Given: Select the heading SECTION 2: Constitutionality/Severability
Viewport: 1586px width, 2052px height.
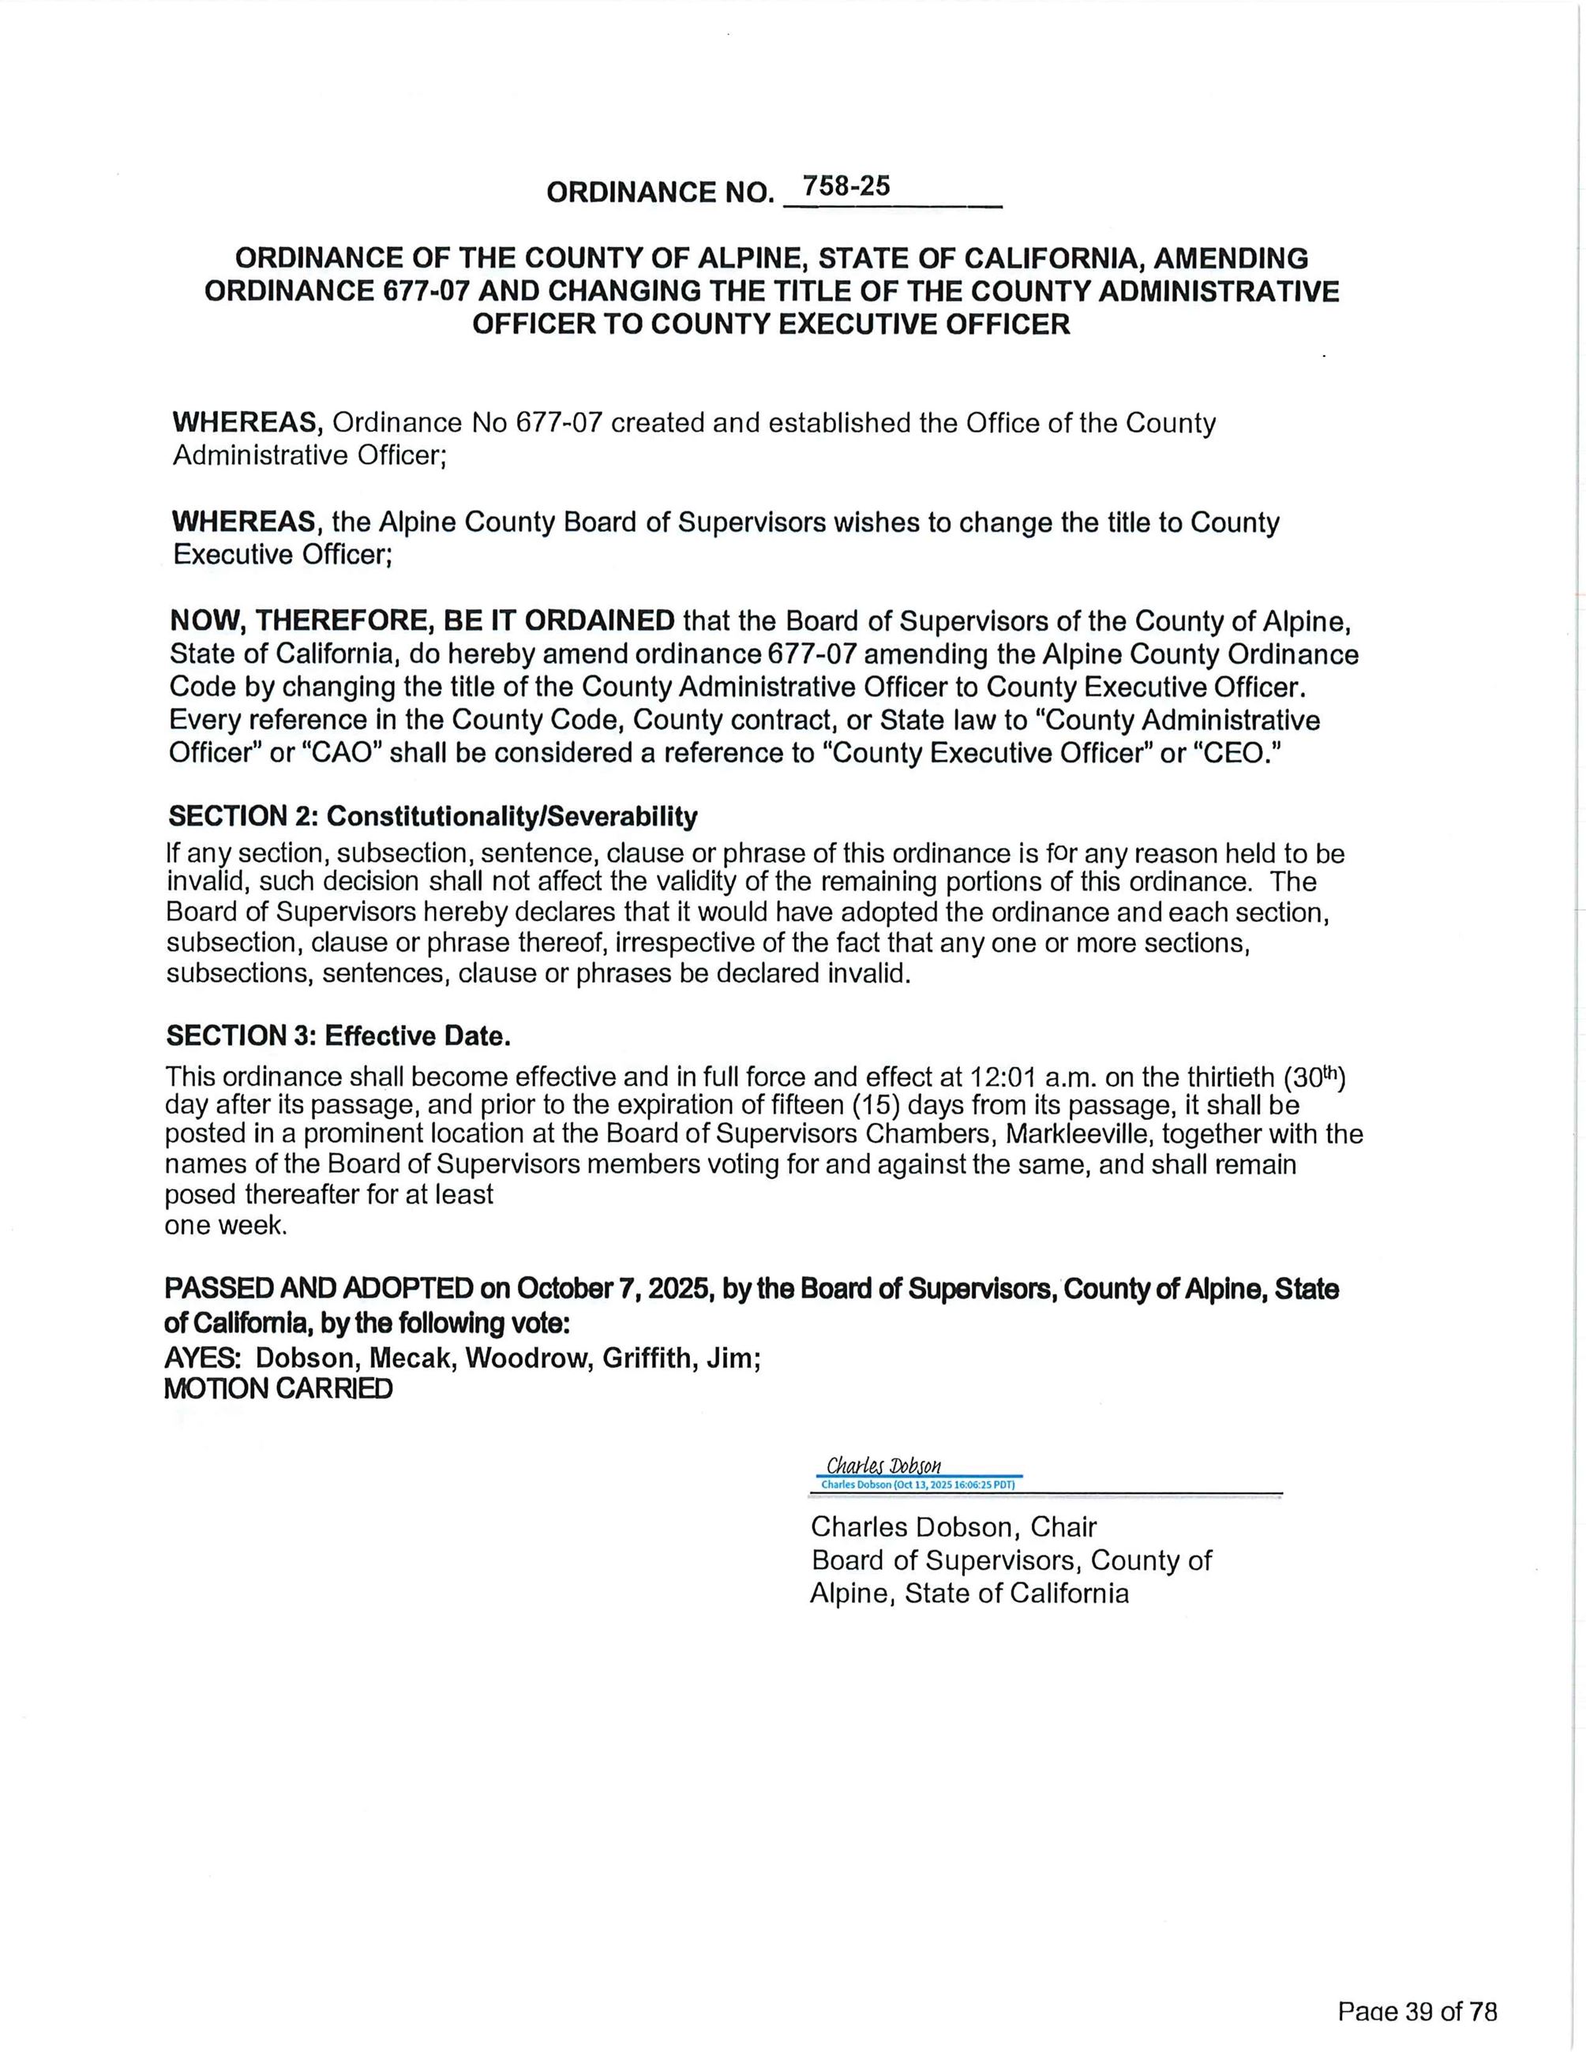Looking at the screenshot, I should click(432, 817).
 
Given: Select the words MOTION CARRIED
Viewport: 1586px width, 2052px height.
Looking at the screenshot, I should click(278, 1390).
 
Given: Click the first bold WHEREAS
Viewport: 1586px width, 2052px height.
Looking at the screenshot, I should click(248, 423).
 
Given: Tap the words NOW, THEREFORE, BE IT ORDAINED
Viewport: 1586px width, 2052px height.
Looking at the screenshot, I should click(422, 621).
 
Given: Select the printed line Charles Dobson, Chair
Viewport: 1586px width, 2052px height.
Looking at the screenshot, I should click(953, 1527).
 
